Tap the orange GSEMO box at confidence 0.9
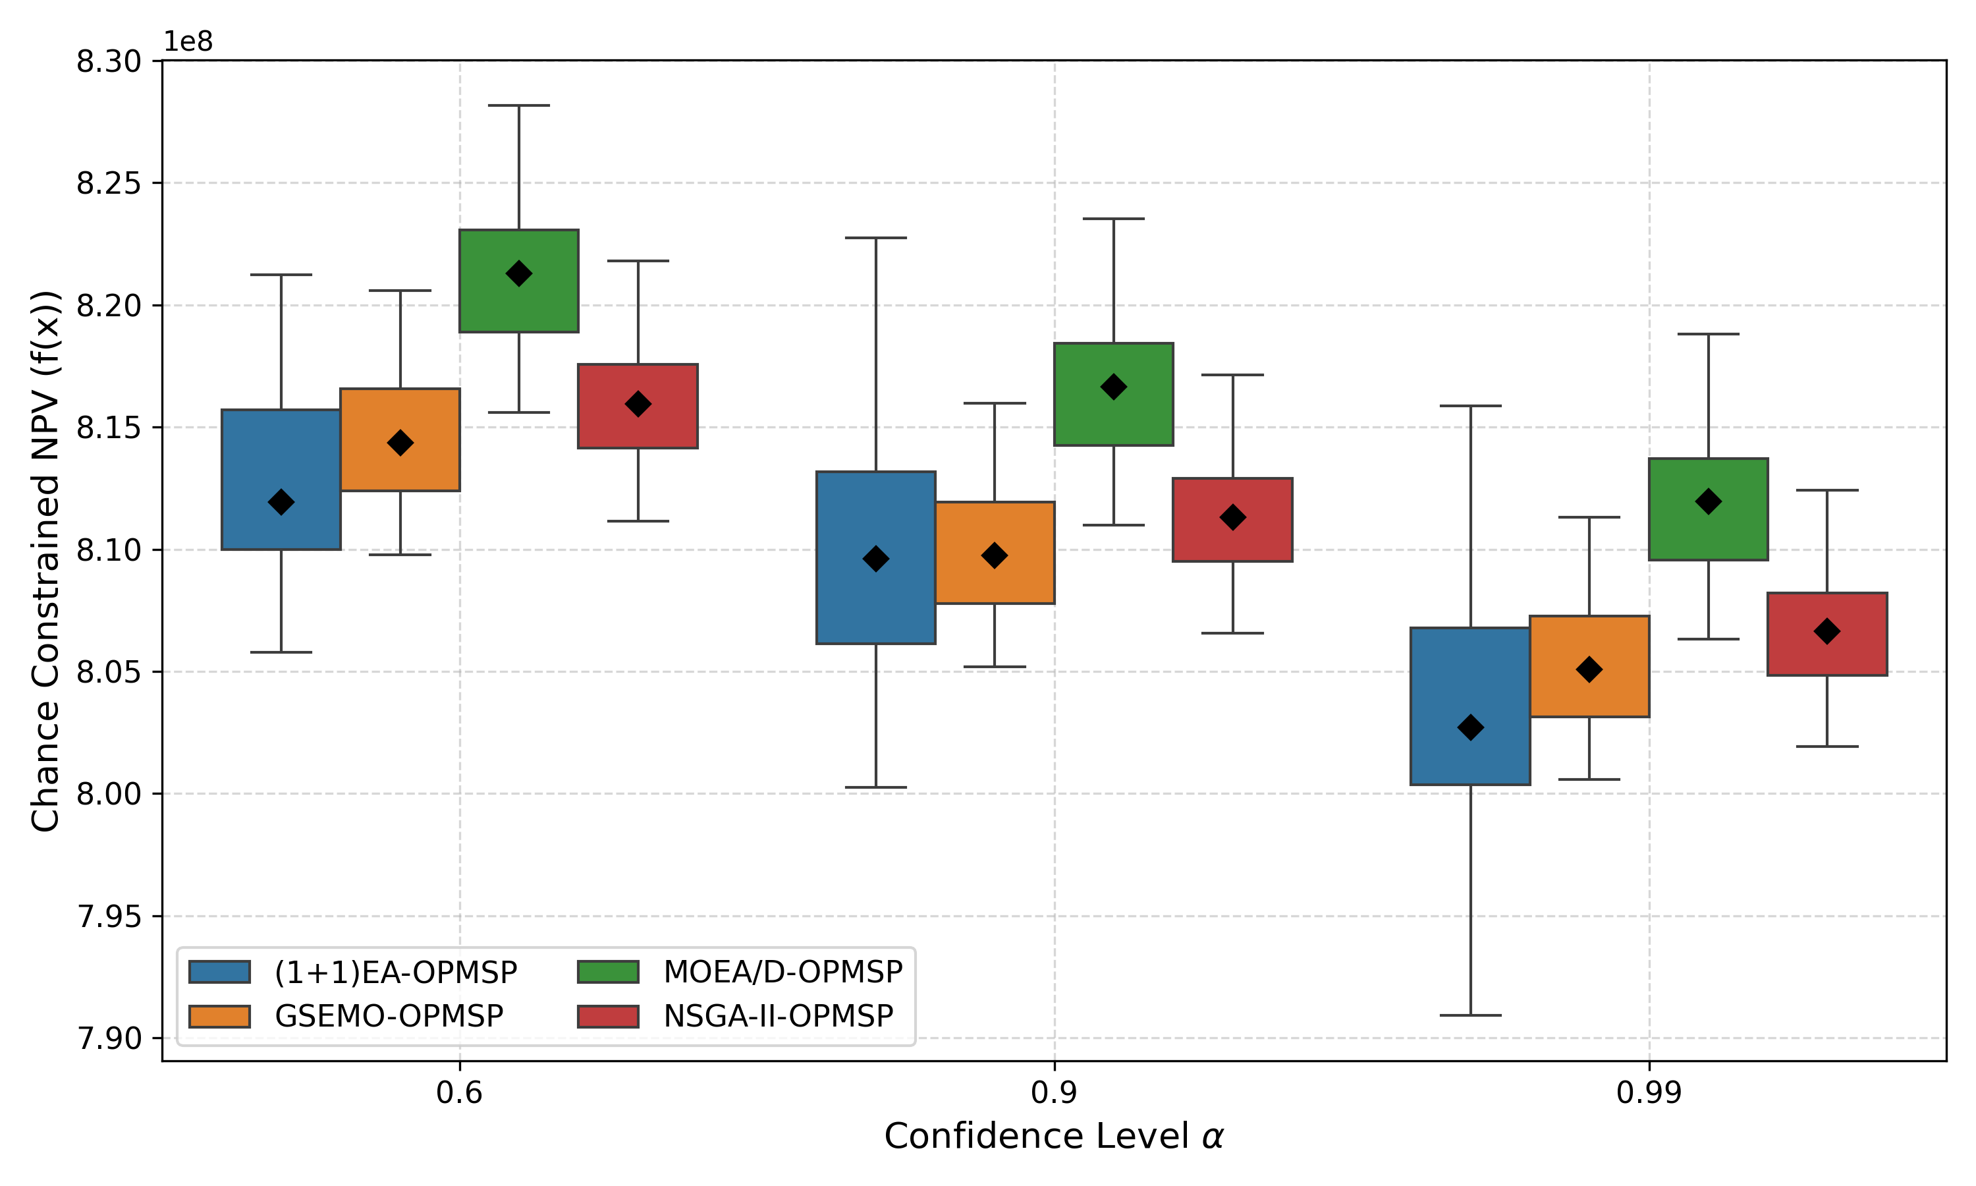coord(995,583)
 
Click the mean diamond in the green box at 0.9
coord(1113,387)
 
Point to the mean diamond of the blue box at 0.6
coord(281,502)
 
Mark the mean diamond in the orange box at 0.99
coord(1589,669)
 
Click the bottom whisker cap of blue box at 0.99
coord(1469,1015)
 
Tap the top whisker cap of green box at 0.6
coord(518,105)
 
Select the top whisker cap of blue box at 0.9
coord(875,238)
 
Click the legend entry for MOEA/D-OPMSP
coord(782,972)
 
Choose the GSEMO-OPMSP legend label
coord(389,1016)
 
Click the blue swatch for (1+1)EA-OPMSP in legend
coord(219,972)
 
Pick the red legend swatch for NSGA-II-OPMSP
coord(608,1016)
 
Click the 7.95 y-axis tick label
coord(108,917)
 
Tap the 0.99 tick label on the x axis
coord(1649,1092)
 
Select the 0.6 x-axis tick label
coord(459,1092)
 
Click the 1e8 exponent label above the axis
coord(188,42)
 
